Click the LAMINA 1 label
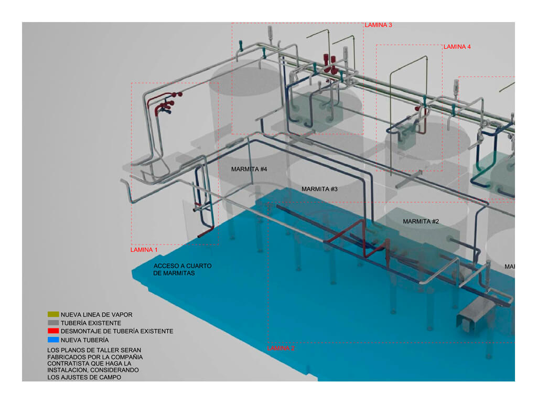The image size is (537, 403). [144, 250]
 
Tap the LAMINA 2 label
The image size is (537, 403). [281, 348]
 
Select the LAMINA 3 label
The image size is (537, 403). [379, 25]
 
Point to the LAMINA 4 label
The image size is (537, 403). [457, 47]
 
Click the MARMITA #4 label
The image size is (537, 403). [249, 169]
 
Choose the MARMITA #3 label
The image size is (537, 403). [319, 189]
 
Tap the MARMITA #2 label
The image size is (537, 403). [421, 221]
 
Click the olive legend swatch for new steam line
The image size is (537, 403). [52, 315]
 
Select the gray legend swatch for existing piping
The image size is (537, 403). [52, 323]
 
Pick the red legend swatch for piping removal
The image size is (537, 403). [52, 332]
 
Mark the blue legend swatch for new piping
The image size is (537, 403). [52, 340]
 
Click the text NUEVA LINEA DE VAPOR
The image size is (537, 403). [96, 315]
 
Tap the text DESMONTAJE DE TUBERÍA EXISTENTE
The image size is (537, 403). [116, 332]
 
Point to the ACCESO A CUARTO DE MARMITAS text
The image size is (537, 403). [182, 270]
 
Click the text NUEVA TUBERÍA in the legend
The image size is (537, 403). [85, 340]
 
